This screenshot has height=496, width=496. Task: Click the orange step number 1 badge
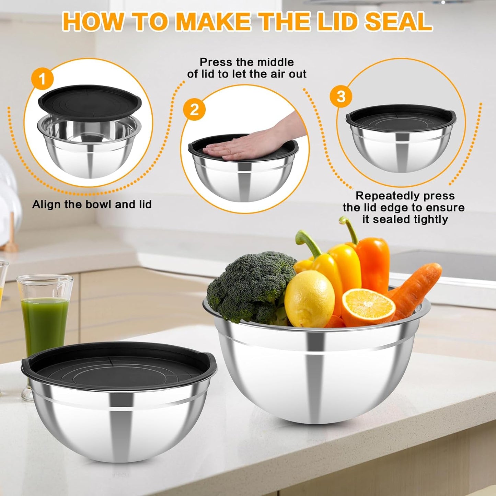[x=42, y=79]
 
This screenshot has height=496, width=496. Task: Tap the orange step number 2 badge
[x=194, y=110]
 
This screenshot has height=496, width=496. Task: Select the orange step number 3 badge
[x=341, y=96]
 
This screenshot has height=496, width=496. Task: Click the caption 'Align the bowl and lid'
[x=92, y=205]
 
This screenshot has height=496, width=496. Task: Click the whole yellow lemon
[x=309, y=299]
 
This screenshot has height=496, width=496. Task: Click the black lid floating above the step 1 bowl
[x=89, y=100]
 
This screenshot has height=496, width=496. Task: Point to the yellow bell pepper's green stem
[x=307, y=242]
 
